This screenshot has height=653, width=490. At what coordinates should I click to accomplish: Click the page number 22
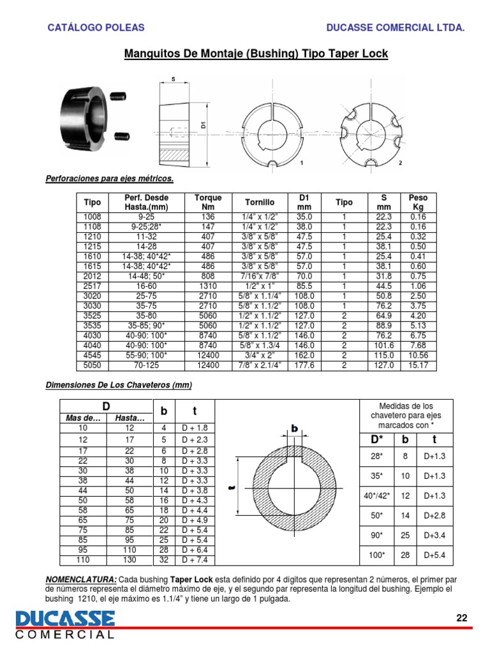(462, 617)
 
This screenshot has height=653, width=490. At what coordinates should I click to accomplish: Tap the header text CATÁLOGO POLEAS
(97, 27)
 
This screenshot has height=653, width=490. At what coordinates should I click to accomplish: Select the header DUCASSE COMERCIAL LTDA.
(395, 27)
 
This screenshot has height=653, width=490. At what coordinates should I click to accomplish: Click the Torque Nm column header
(207, 202)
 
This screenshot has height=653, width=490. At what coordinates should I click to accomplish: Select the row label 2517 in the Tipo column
(93, 286)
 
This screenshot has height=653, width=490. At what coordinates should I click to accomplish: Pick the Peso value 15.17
(418, 365)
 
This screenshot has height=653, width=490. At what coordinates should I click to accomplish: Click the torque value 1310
(207, 286)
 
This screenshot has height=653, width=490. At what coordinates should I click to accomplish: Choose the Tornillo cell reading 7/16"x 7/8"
(260, 277)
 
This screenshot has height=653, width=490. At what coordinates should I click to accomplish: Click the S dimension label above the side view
(173, 80)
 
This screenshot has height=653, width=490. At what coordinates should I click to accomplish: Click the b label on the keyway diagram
(295, 429)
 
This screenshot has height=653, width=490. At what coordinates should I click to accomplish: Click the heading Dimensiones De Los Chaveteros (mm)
(119, 385)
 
